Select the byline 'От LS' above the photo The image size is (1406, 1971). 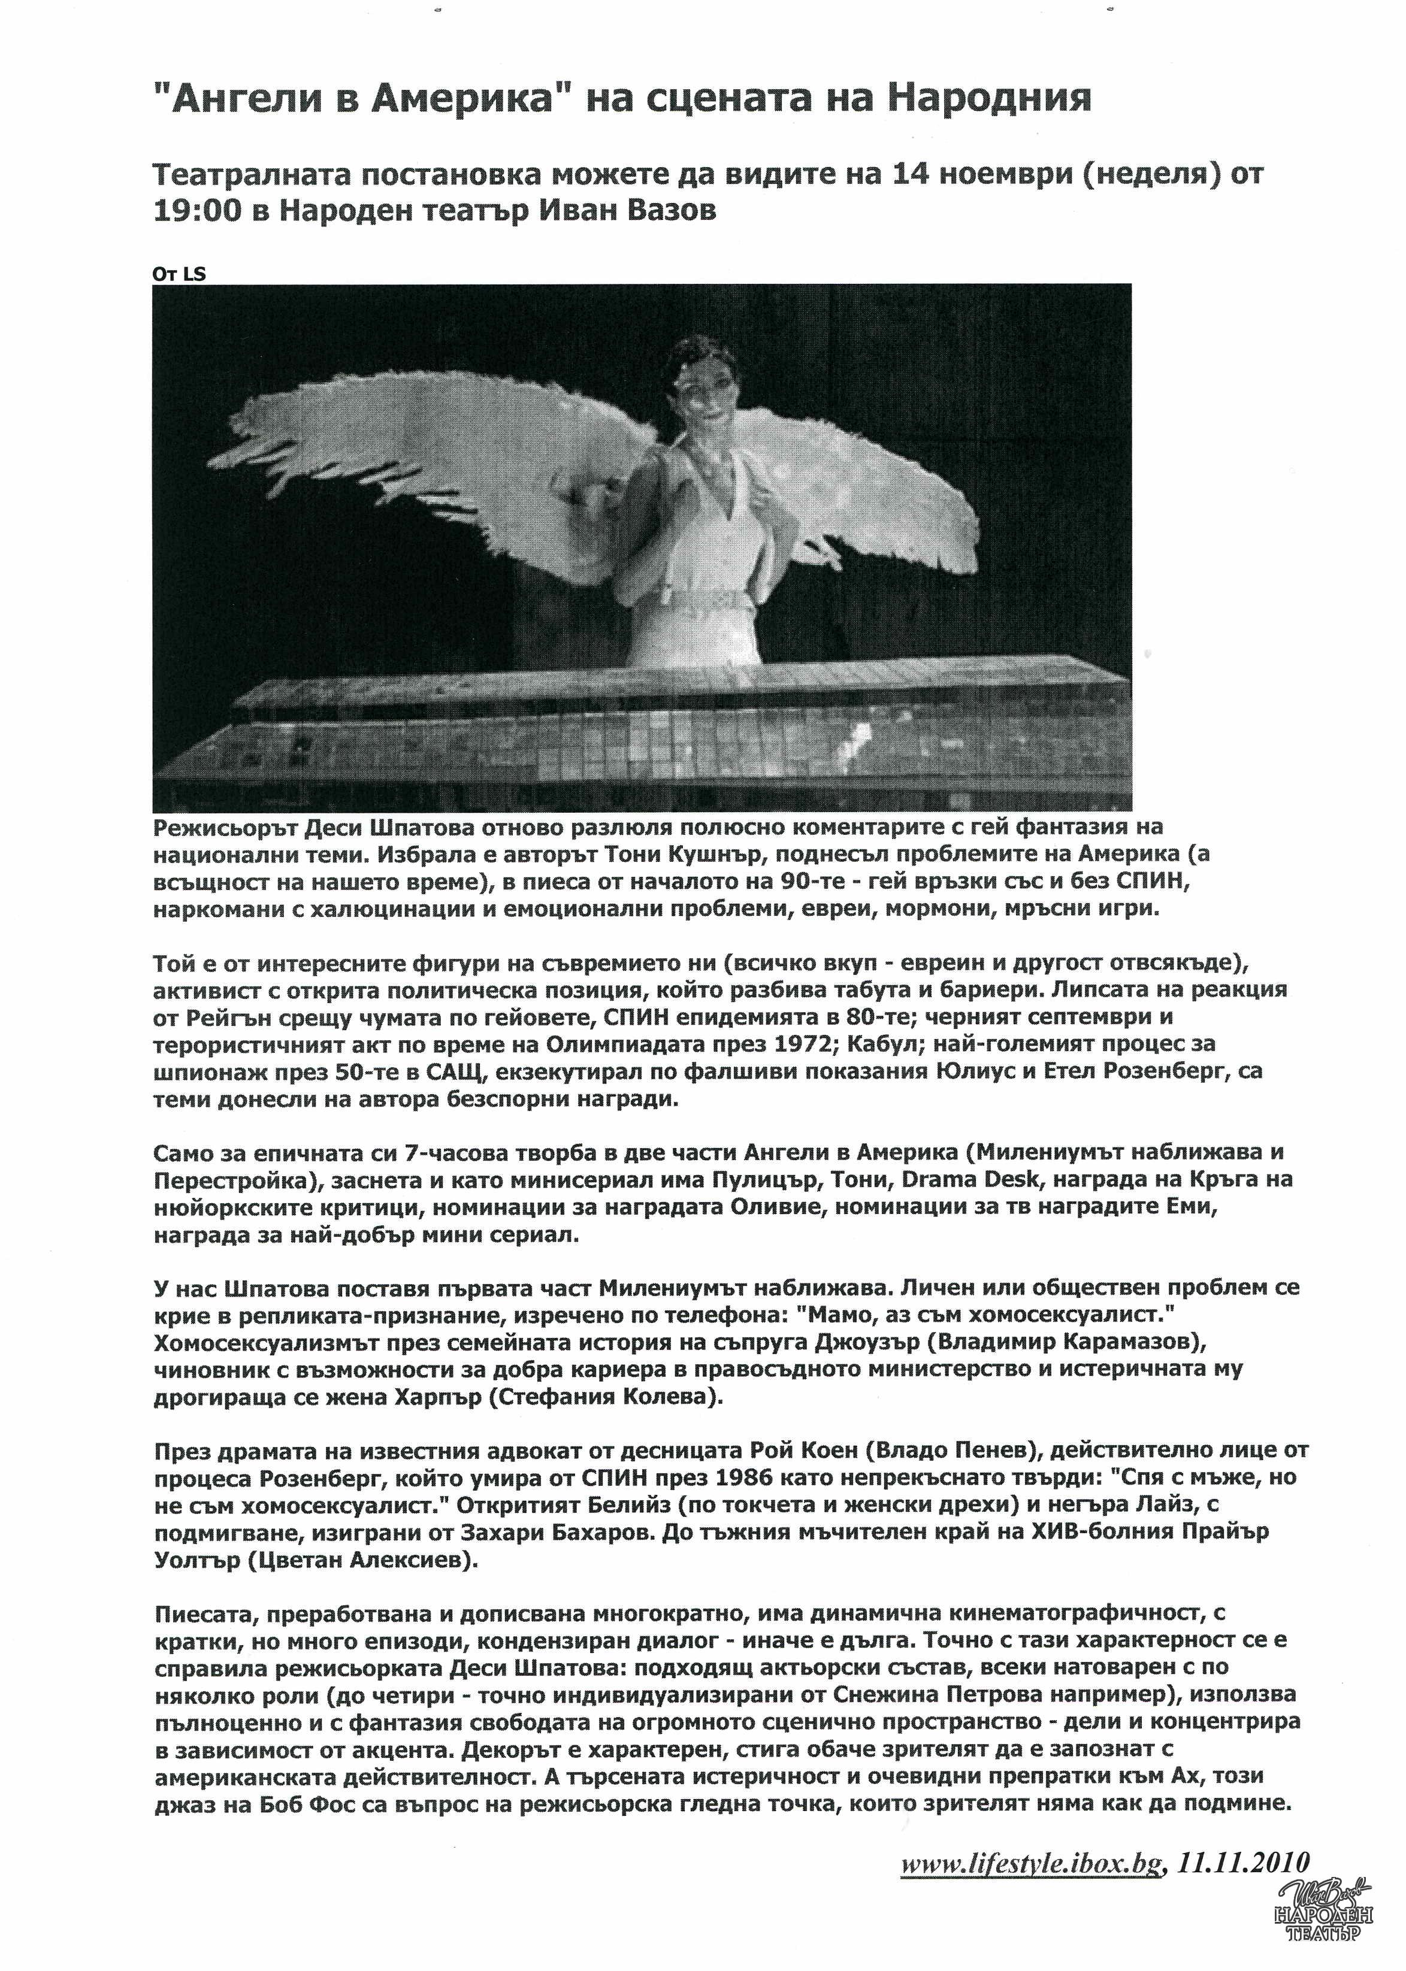(179, 274)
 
